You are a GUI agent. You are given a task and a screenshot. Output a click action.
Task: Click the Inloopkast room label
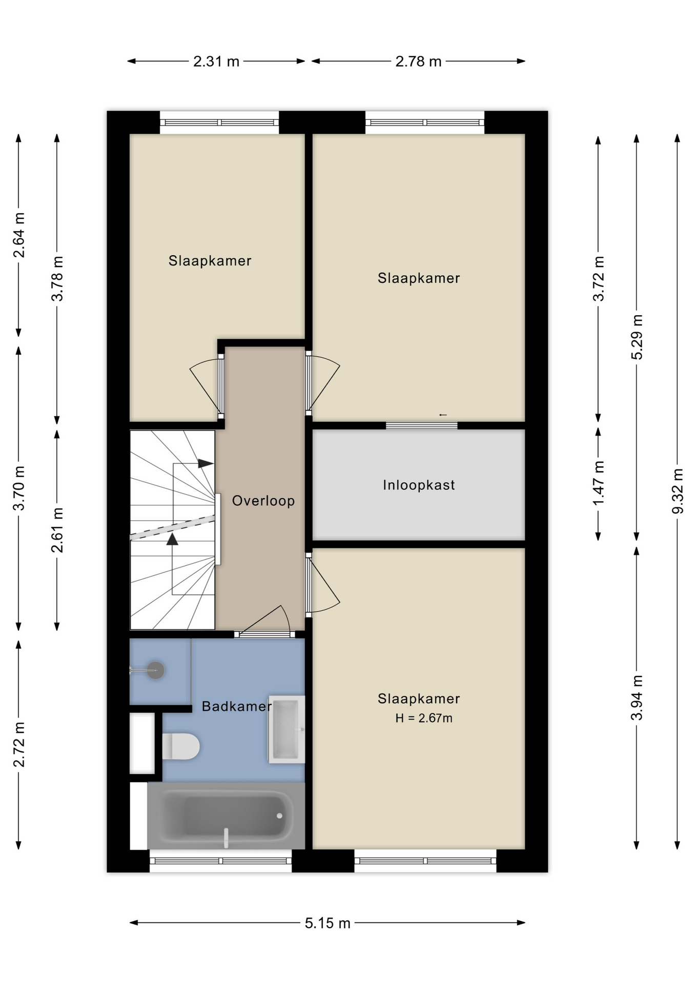click(x=419, y=485)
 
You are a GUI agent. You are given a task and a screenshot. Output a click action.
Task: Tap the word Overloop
click(x=263, y=501)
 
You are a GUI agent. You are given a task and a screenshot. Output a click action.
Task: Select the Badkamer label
click(x=236, y=706)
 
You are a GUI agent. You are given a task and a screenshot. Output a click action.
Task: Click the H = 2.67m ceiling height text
click(x=424, y=718)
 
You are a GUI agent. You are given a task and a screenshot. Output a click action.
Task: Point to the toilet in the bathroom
click(x=180, y=746)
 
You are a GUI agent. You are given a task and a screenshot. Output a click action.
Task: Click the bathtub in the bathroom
click(x=226, y=815)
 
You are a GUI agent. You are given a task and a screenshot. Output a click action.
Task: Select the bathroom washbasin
click(x=286, y=729)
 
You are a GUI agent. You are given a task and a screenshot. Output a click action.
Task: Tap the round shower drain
click(x=155, y=670)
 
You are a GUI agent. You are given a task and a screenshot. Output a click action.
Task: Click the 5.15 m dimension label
click(x=327, y=923)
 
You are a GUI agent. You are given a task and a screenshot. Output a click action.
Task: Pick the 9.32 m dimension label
click(x=678, y=491)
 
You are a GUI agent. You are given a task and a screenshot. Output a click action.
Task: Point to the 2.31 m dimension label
click(x=216, y=61)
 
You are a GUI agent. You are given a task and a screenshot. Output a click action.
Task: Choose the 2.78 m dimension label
click(x=418, y=61)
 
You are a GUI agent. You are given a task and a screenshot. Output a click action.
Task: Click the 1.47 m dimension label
click(x=598, y=483)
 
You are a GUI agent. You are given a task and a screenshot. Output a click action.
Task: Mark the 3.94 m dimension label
click(x=637, y=698)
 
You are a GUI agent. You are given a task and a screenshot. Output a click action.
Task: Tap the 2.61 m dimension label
click(x=57, y=530)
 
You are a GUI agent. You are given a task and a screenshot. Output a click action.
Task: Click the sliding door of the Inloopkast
click(x=421, y=425)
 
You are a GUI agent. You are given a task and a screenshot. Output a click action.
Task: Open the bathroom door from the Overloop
click(x=264, y=634)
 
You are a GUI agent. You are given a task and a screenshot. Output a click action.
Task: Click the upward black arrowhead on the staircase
click(x=172, y=539)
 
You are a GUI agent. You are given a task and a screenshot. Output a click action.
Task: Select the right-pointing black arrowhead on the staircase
click(x=206, y=463)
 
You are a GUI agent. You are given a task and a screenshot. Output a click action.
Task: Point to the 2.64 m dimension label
click(x=19, y=235)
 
